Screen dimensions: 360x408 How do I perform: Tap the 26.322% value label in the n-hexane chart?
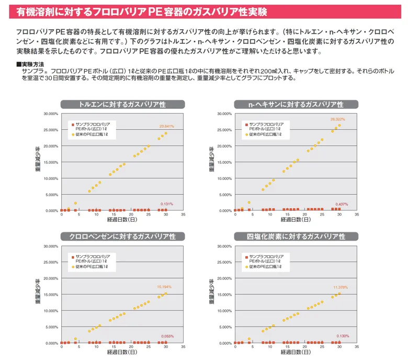(x=337, y=119)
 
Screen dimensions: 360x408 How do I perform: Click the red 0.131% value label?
(x=167, y=204)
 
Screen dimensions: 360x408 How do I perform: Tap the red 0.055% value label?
(x=167, y=336)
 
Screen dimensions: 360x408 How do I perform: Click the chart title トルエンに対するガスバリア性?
(x=121, y=104)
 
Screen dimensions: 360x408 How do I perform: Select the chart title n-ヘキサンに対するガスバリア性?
(x=296, y=104)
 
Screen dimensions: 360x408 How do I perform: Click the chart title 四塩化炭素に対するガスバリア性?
(x=296, y=237)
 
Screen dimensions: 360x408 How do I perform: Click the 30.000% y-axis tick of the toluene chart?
(x=50, y=114)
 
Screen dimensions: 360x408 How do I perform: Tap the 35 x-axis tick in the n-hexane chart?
(x=357, y=215)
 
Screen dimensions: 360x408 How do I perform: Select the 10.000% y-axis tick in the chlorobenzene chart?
(x=50, y=311)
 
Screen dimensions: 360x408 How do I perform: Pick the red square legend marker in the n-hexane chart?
(x=246, y=125)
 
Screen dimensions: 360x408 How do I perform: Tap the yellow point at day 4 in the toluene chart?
(x=75, y=203)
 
